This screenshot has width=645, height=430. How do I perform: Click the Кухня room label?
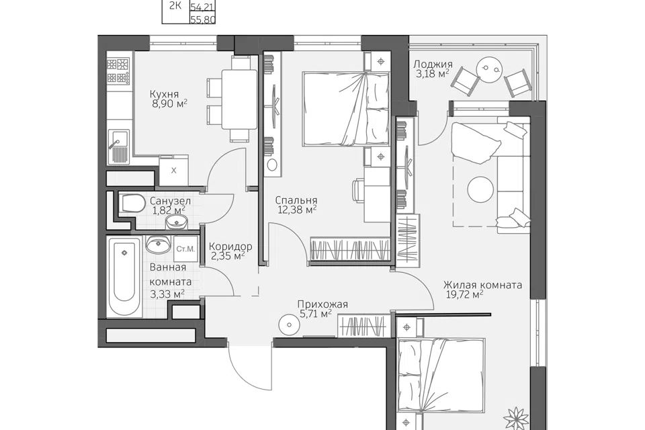click(x=164, y=94)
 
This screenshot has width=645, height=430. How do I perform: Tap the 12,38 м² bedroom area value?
click(x=297, y=210)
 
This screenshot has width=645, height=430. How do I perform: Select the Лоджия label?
click(x=433, y=64)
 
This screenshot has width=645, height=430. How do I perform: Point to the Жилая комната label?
click(x=482, y=285)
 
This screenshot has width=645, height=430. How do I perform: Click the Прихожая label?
click(x=322, y=304)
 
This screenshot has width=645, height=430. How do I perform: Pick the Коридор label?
click(x=230, y=247)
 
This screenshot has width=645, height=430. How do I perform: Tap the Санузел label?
click(x=170, y=201)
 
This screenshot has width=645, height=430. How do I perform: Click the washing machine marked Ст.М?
click(x=185, y=249)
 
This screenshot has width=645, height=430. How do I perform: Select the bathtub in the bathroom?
click(x=125, y=277)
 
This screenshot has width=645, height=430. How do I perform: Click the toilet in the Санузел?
click(x=132, y=204)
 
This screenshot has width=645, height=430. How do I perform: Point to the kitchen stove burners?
click(x=118, y=71)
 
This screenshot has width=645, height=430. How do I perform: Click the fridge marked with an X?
click(x=173, y=171)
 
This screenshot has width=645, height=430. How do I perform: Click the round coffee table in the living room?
click(x=480, y=189)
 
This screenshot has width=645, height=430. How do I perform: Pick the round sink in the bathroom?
click(x=158, y=245)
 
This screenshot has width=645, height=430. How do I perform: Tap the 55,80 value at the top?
click(x=203, y=19)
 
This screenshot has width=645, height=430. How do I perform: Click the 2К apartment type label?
click(x=175, y=6)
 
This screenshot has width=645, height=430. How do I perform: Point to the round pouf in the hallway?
click(x=290, y=325)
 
